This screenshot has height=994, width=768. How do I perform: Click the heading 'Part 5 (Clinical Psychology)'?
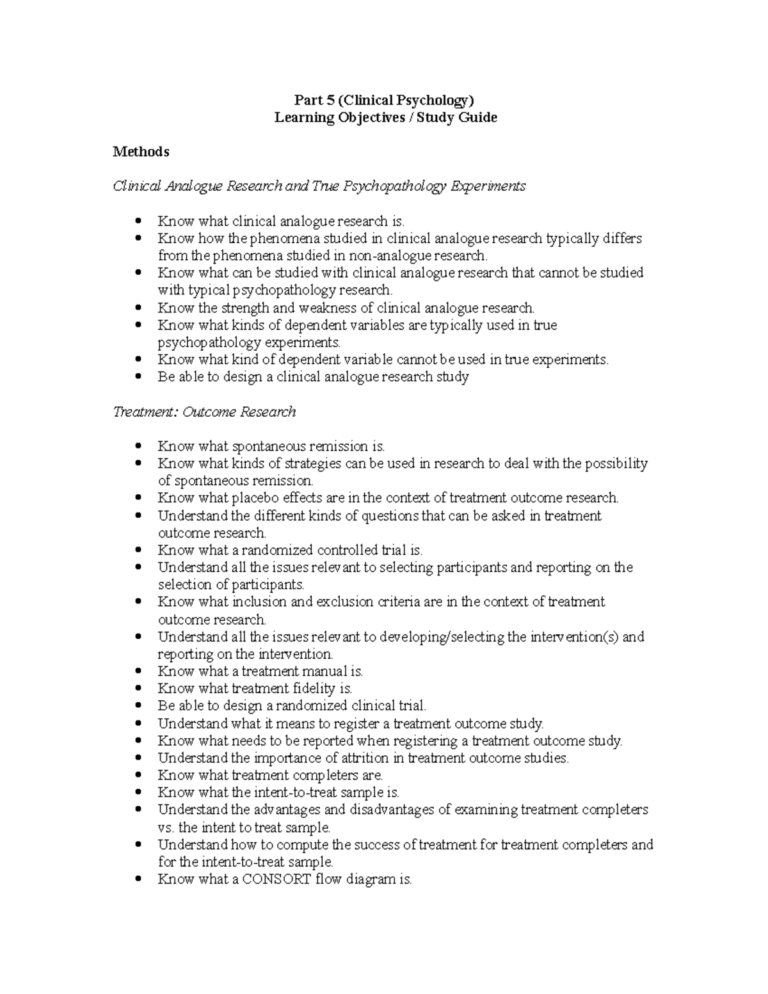coord(384,100)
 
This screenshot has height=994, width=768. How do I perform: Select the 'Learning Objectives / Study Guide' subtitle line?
coord(385,117)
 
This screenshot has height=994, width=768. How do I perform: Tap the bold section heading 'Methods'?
coord(141,152)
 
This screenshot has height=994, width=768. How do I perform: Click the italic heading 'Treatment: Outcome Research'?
coord(204,412)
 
